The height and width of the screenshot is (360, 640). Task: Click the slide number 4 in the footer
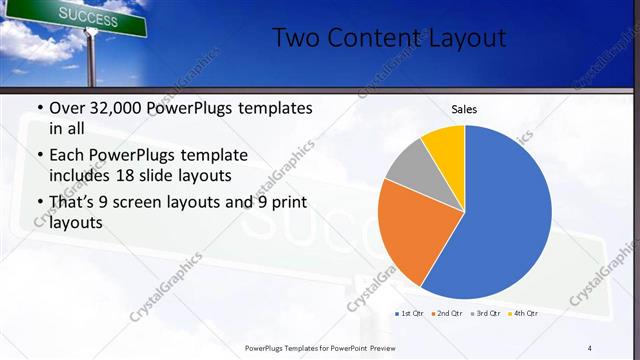pos(590,347)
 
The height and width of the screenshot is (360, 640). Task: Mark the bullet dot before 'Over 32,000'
pos(39,108)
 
